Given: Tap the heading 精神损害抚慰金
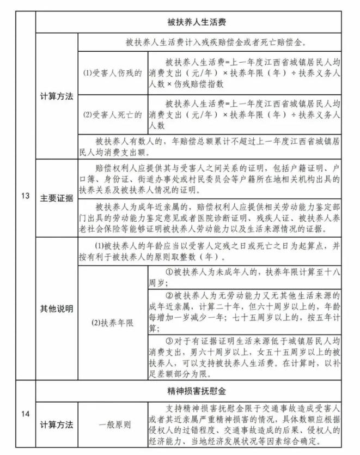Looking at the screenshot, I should point(197,391).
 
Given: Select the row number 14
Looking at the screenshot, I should point(26,415).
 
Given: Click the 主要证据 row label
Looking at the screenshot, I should point(57,198).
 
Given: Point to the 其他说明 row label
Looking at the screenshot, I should point(57,308).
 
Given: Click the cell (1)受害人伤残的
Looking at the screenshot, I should point(113,72).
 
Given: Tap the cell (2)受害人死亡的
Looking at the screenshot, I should point(113,114).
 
